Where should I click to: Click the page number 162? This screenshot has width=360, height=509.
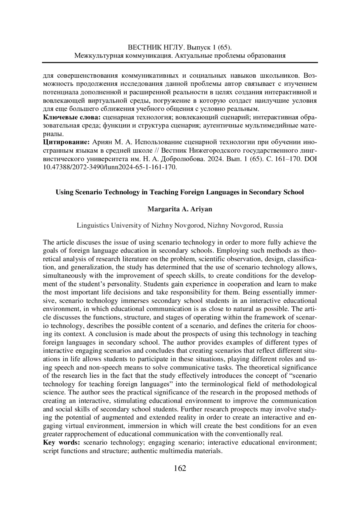coord(180,468)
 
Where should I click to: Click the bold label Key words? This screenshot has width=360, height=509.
coord(61,442)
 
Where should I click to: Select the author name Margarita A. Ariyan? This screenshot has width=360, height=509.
coord(180,209)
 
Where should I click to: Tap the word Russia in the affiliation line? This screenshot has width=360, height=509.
coord(273,225)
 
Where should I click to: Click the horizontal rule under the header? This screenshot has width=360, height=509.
coord(180,63)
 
